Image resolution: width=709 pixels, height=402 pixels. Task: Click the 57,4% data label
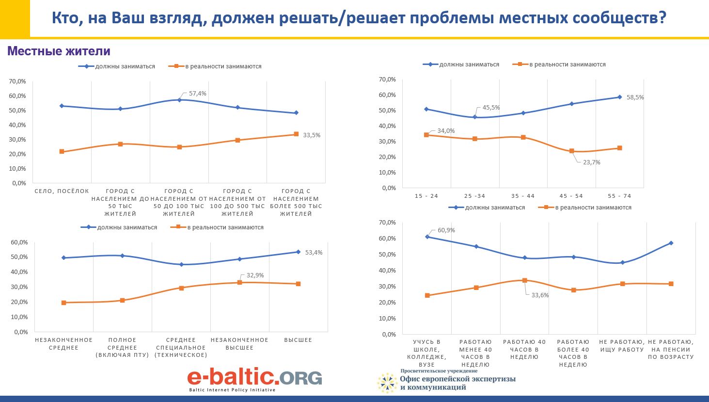pyautogui.click(x=198, y=93)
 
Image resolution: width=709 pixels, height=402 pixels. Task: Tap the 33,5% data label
pyautogui.click(x=312, y=135)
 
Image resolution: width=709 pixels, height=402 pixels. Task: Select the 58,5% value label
pyautogui.click(x=635, y=97)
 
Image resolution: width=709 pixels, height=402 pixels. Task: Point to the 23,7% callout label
pyautogui.click(x=592, y=162)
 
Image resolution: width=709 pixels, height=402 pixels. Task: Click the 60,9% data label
pyautogui.click(x=446, y=230)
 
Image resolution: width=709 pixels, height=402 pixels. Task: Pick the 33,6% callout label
pyautogui.click(x=540, y=295)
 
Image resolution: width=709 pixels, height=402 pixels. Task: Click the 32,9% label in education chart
pyautogui.click(x=255, y=275)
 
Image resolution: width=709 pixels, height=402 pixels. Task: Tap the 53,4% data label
pyautogui.click(x=314, y=253)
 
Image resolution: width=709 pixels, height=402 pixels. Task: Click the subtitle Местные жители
pyautogui.click(x=59, y=51)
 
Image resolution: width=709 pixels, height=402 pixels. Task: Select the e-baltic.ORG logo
pyautogui.click(x=254, y=379)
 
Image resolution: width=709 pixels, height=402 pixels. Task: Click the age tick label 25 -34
pyautogui.click(x=474, y=196)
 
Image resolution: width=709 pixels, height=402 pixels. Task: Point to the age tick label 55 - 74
pyautogui.click(x=619, y=196)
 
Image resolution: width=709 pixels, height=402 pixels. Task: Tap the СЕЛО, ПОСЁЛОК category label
pyautogui.click(x=62, y=191)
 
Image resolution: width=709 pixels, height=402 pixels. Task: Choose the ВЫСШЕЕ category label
pyautogui.click(x=298, y=340)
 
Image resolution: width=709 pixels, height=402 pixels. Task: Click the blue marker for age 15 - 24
pyautogui.click(x=426, y=109)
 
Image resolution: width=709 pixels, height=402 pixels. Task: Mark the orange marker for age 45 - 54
pyautogui.click(x=571, y=151)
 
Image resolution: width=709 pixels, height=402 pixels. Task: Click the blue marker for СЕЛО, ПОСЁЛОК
pyautogui.click(x=62, y=106)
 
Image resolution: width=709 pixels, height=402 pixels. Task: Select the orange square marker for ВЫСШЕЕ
pyautogui.click(x=298, y=284)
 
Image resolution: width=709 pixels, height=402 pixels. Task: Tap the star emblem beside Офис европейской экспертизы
pyautogui.click(x=387, y=383)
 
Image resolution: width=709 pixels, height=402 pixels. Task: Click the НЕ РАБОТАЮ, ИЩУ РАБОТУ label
pyautogui.click(x=622, y=346)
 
